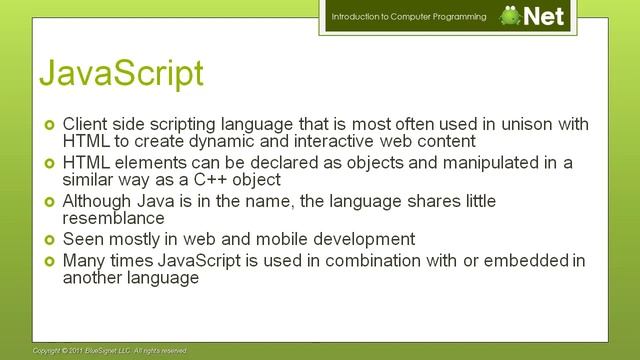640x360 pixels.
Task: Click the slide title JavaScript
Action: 121,73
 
